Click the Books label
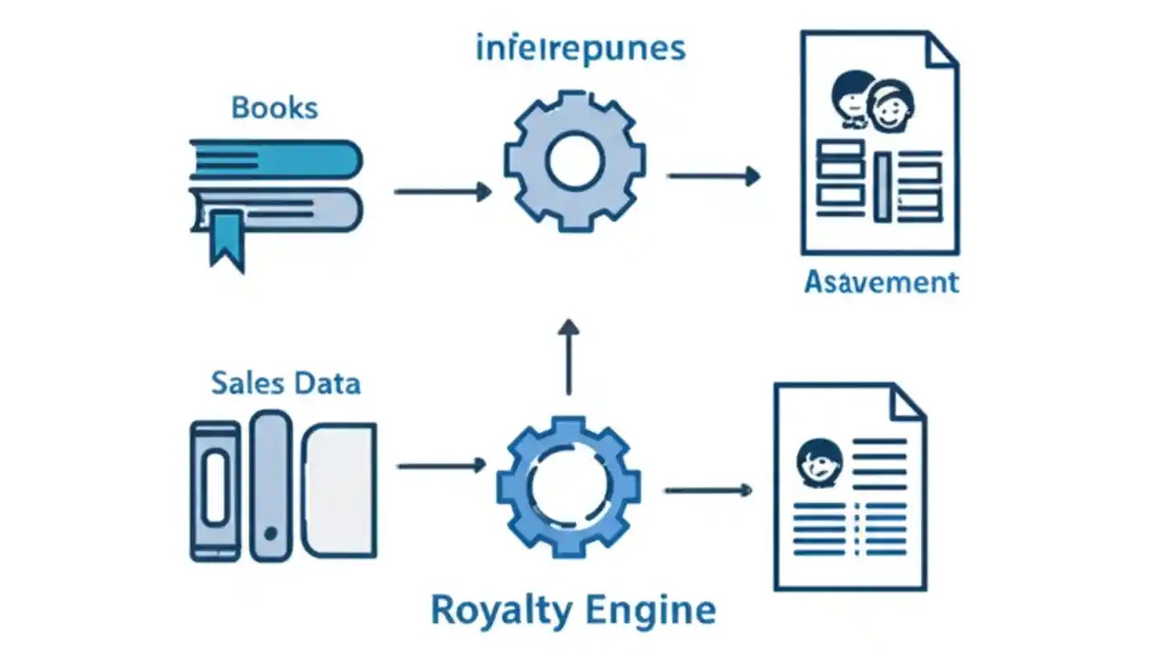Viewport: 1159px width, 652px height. tap(274, 108)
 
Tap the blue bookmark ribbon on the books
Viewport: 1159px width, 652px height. tap(226, 238)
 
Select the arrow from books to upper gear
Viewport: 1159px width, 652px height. tap(443, 191)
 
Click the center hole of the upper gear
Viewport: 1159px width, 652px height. tap(575, 160)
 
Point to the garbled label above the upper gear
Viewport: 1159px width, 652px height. tap(580, 48)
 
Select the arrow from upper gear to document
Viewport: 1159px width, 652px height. tap(714, 177)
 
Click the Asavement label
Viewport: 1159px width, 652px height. tap(881, 282)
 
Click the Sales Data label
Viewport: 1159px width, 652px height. tap(286, 382)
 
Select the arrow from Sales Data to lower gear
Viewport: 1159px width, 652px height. tap(441, 465)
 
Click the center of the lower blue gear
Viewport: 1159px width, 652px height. tap(569, 486)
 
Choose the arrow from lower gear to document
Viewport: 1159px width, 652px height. tap(708, 490)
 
